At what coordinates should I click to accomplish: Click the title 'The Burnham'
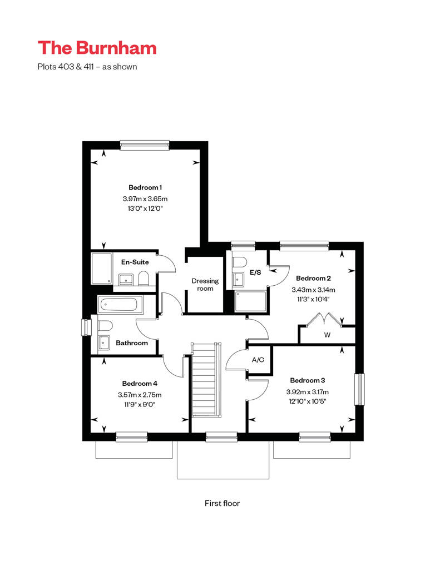(x=97, y=48)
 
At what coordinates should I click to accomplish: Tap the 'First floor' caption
(x=222, y=503)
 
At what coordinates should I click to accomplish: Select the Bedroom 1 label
(x=145, y=187)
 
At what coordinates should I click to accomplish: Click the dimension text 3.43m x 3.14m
(x=314, y=290)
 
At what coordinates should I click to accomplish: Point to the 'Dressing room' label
(x=205, y=285)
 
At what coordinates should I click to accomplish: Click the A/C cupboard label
(x=258, y=360)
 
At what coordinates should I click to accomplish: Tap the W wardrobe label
(x=328, y=335)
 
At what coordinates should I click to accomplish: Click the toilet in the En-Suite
(x=144, y=279)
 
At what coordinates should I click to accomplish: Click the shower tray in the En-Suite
(x=101, y=268)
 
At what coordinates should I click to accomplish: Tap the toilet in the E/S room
(x=239, y=262)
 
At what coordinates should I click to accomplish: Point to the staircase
(x=206, y=380)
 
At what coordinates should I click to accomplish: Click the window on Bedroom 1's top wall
(x=145, y=146)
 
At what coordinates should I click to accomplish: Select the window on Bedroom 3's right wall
(x=359, y=389)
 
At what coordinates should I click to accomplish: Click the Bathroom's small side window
(x=86, y=327)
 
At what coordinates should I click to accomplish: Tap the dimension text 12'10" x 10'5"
(x=308, y=401)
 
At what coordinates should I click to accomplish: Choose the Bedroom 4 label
(x=140, y=384)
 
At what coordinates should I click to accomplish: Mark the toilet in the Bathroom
(x=105, y=325)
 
